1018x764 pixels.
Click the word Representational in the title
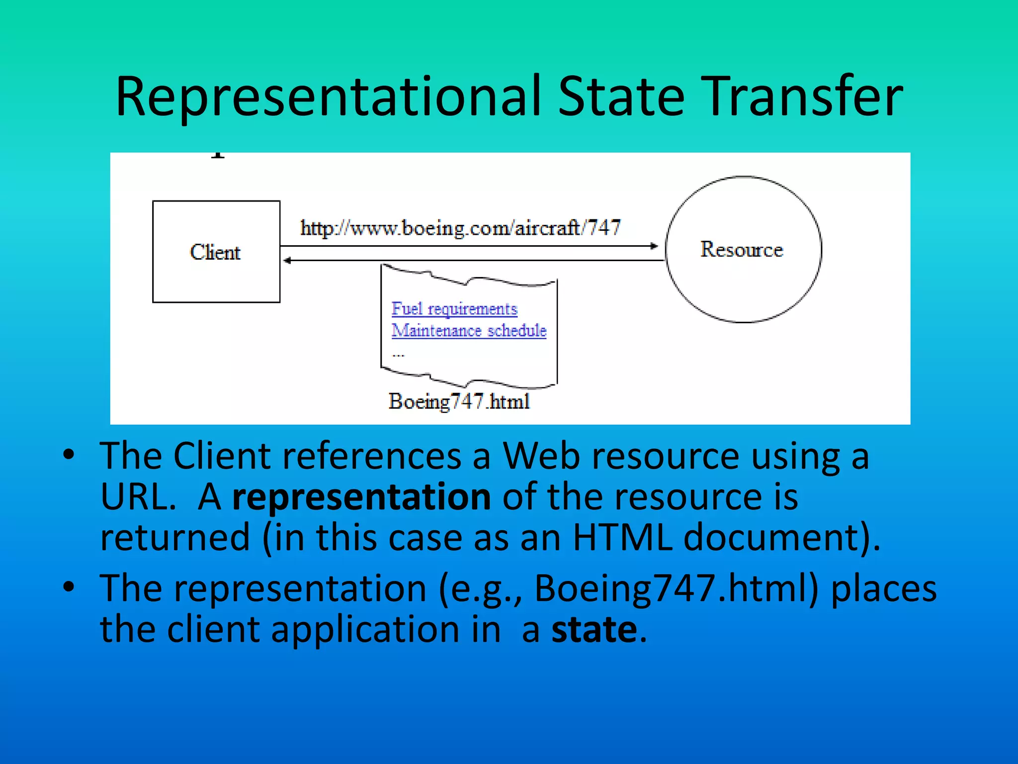coord(328,97)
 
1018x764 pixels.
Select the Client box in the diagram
coord(216,252)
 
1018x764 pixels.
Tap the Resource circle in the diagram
coord(743,249)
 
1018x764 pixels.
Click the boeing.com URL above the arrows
coord(460,228)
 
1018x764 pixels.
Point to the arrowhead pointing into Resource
coord(655,246)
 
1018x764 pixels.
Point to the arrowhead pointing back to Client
coord(287,261)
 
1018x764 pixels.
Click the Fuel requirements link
coord(454,309)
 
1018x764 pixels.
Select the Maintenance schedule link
coord(469,331)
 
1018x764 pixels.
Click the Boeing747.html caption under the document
coord(459,401)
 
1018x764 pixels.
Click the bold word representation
coord(361,497)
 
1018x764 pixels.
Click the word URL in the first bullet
coord(137,497)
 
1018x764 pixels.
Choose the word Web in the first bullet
coord(541,456)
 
